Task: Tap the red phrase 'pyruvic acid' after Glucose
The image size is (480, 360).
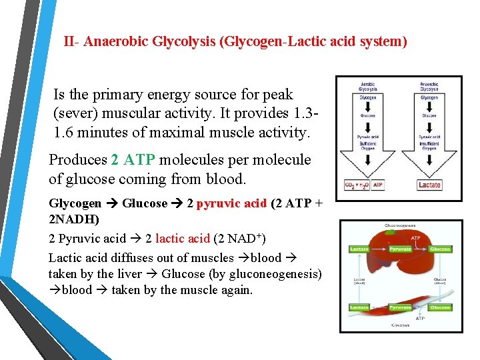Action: click(231, 203)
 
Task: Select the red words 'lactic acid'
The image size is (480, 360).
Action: click(182, 239)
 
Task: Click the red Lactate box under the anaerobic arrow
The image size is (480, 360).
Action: click(429, 185)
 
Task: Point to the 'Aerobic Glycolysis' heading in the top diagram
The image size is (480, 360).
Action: click(367, 86)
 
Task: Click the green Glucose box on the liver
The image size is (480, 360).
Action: click(440, 249)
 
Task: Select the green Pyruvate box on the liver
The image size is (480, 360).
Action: click(400, 249)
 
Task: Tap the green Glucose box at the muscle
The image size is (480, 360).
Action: click(440, 307)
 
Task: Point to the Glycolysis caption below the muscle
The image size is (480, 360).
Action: click(400, 326)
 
